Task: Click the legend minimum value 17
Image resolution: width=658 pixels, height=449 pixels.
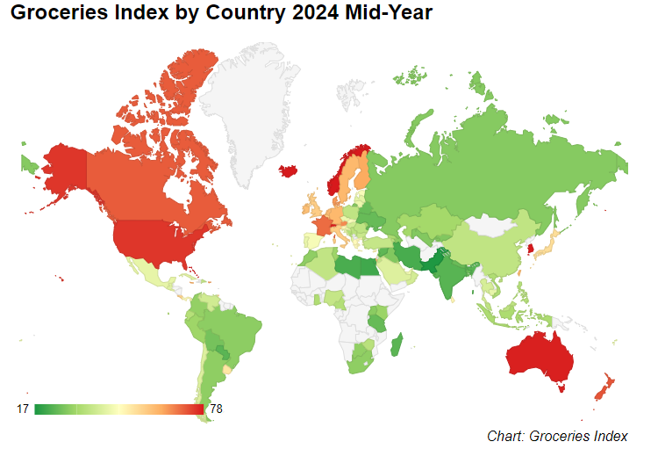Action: [23, 409]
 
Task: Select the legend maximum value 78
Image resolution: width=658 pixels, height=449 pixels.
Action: [217, 409]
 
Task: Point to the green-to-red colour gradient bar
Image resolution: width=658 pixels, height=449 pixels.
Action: [118, 409]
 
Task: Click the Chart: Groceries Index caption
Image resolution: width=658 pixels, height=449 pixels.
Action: [557, 436]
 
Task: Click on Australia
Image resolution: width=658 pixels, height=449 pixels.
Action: [537, 356]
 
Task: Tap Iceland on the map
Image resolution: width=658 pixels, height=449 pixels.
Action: [287, 170]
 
